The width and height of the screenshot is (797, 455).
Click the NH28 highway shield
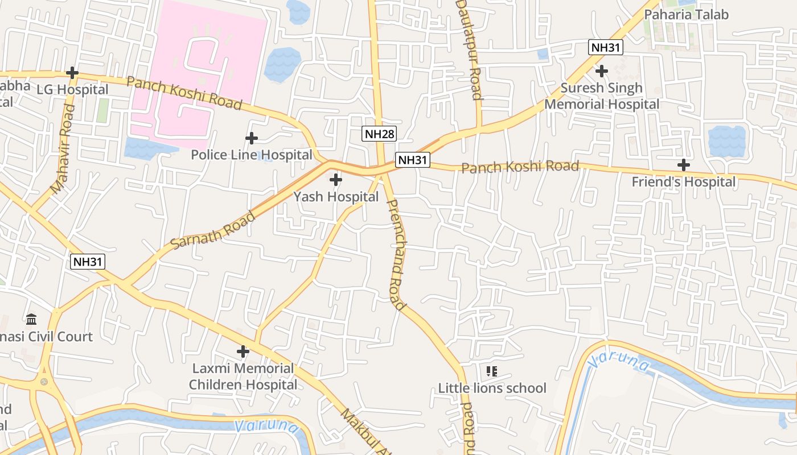click(380, 134)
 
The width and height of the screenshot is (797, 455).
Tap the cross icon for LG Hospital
click(72, 73)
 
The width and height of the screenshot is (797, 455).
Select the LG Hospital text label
click(72, 90)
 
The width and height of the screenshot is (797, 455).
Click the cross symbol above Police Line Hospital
click(251, 138)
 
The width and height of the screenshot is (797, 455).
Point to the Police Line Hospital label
click(251, 155)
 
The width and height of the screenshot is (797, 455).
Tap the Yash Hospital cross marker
click(336, 180)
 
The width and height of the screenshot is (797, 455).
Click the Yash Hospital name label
click(336, 197)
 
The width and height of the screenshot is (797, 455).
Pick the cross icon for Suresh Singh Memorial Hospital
click(601, 71)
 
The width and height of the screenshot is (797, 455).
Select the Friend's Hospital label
click(684, 182)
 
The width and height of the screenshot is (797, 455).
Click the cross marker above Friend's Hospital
click(684, 166)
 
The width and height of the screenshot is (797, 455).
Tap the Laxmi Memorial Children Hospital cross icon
click(243, 351)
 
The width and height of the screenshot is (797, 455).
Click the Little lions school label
click(492, 388)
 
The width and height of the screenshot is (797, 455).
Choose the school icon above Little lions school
click(492, 371)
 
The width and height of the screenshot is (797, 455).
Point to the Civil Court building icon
click(31, 319)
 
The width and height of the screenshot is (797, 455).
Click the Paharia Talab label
click(686, 15)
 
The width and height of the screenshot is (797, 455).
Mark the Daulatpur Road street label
click(470, 50)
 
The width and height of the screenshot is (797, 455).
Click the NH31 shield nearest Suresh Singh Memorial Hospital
click(606, 47)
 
